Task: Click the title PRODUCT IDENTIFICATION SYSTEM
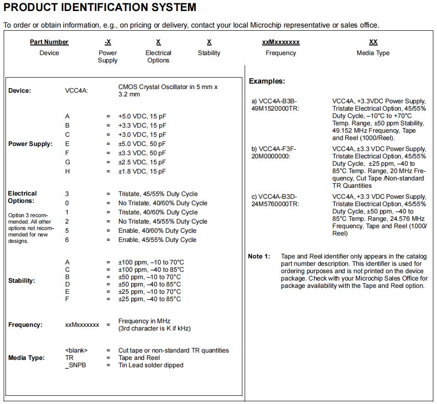point(100,7)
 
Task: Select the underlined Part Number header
point(49,42)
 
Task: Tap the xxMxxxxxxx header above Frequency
point(280,42)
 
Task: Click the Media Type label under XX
point(373,53)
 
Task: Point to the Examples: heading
point(267,81)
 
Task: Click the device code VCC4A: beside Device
point(77,90)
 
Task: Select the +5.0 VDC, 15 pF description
point(142,116)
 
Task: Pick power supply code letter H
point(67,171)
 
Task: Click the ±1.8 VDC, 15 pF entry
point(142,171)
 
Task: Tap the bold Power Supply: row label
point(30,144)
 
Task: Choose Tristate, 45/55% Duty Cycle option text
point(158,194)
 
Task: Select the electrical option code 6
point(67,240)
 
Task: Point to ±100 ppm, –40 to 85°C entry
point(151,269)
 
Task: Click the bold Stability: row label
point(22,281)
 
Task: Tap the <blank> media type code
point(76,350)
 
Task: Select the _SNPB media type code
point(76,365)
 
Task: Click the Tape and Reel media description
point(139,358)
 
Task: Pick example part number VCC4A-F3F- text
point(277,149)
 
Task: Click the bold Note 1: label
point(259,256)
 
